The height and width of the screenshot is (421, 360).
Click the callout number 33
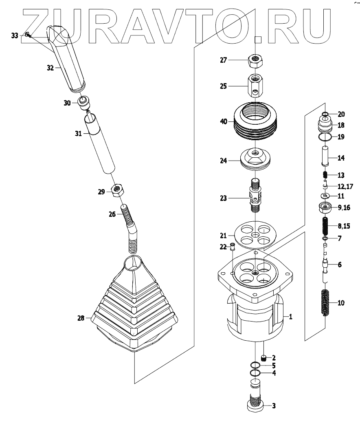pos(15,36)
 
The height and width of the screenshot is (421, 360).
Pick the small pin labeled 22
pos(233,246)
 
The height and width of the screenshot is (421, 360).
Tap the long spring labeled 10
pos(325,302)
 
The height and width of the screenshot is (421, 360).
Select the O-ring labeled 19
pos(325,137)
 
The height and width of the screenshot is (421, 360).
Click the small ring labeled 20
pos(325,114)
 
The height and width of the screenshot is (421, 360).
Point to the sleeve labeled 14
pos(325,157)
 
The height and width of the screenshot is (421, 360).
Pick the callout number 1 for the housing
pos(290,316)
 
